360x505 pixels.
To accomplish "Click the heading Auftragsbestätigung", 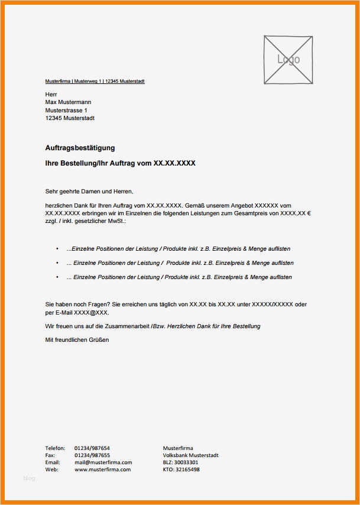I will tap(80, 148).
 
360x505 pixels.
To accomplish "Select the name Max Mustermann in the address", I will tap(68, 102).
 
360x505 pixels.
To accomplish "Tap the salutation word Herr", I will tap(51, 95).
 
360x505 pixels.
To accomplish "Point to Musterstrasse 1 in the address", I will tap(66, 110).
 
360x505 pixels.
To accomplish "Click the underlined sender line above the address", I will tap(95, 81).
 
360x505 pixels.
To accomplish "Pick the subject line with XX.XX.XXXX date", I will tap(120, 163).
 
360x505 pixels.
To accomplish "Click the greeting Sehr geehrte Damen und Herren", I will tap(89, 191).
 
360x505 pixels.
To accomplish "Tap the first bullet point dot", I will tap(57, 248).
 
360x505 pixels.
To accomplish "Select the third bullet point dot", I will tap(57, 277).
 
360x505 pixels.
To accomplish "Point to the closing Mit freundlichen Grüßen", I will tap(77, 340).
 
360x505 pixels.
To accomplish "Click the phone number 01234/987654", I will tap(92, 448).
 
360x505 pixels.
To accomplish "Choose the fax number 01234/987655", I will tap(92, 455).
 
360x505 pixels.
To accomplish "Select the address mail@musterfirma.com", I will tap(103, 462).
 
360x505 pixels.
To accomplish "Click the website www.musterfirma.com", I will tap(102, 470).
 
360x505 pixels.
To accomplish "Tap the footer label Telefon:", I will tap(56, 448).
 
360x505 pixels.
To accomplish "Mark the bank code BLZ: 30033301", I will tap(180, 462).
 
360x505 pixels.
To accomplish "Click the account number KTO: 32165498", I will tap(181, 470).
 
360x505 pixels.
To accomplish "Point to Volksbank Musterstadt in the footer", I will tap(190, 455).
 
